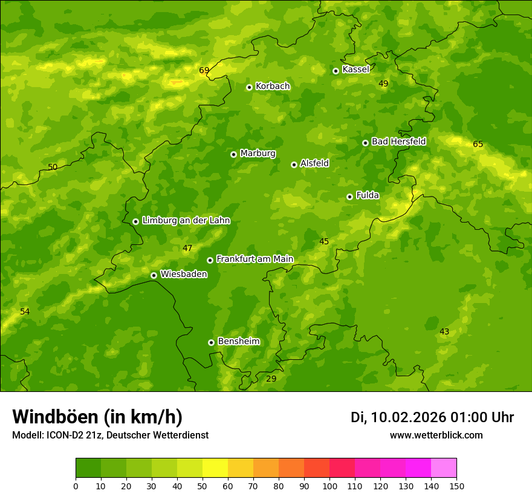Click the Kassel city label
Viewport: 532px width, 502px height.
point(355,70)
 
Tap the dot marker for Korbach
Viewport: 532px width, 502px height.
point(249,87)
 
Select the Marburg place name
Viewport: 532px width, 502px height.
point(258,154)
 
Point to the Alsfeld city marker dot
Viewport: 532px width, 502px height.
point(294,165)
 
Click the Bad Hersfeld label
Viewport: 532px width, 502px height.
point(398,142)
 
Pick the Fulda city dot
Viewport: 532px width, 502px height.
point(349,197)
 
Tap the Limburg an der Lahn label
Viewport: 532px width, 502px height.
point(186,221)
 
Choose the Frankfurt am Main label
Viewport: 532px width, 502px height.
point(255,259)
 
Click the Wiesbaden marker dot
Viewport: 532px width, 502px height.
point(154,275)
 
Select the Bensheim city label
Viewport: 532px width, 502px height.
point(238,341)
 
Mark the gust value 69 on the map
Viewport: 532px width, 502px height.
point(204,70)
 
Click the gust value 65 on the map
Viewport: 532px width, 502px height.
point(478,144)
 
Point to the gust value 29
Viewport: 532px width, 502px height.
point(271,379)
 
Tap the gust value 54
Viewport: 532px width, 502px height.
point(25,311)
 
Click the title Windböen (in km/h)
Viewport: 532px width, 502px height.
point(97,417)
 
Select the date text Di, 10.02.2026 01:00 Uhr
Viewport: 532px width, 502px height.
point(432,417)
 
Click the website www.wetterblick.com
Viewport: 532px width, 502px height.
point(436,435)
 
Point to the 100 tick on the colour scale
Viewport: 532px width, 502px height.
point(329,486)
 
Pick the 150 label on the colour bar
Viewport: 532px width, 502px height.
point(456,486)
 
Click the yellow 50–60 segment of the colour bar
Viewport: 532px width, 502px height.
point(215,468)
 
